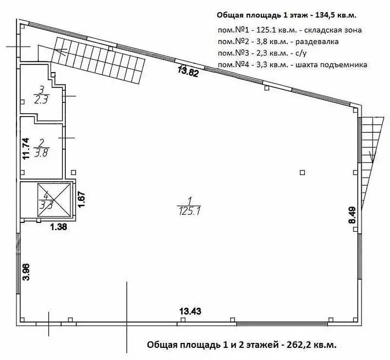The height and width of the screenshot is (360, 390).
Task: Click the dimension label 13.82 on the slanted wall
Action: pyautogui.click(x=188, y=71)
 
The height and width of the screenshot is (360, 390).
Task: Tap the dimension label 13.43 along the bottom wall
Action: pyautogui.click(x=190, y=311)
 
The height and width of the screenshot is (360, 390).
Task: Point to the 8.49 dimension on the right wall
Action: pyautogui.click(x=353, y=216)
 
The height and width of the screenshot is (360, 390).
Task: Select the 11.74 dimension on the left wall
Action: pyautogui.click(x=26, y=148)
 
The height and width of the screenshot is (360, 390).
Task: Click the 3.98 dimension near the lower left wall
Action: pyautogui.click(x=26, y=272)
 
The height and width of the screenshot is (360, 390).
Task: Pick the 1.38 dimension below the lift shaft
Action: pyautogui.click(x=58, y=227)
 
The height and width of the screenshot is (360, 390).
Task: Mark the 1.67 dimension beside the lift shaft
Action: pyautogui.click(x=81, y=199)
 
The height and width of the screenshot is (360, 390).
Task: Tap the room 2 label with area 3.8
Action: pyautogui.click(x=41, y=148)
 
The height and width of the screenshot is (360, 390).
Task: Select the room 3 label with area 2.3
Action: pyautogui.click(x=41, y=95)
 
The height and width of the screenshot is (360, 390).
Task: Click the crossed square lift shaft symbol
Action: pyautogui.click(x=54, y=200)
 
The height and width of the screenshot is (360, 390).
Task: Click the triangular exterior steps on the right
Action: pyautogui.click(x=370, y=160)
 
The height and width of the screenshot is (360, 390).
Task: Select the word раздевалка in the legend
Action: pyautogui.click(x=317, y=41)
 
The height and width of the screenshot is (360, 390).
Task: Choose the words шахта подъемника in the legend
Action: pyautogui.click(x=331, y=65)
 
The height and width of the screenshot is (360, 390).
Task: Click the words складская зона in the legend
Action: pyautogui.click(x=333, y=30)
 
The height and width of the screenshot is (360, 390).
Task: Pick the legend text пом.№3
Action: pyautogui.click(x=233, y=53)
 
